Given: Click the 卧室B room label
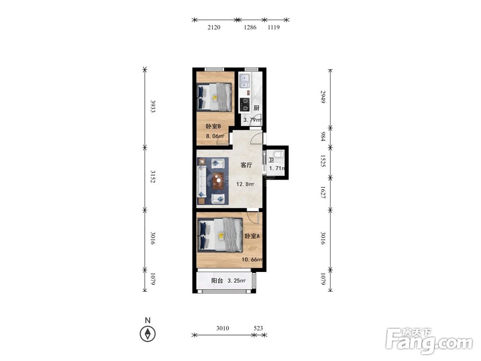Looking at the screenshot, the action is pos(213,126).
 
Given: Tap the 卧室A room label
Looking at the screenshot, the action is pos(252,236).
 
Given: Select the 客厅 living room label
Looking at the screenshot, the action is pos(246,165).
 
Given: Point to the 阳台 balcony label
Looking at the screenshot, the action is pos(217,281).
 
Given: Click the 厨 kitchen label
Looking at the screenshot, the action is pos(256,108).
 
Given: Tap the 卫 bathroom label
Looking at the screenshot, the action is pos(271,160).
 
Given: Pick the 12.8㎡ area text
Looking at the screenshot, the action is pos(245,184).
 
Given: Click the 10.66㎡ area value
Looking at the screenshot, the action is pos(252,260).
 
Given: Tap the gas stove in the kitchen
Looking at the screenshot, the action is pos(244,104).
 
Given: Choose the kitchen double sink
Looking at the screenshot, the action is pos(245,80).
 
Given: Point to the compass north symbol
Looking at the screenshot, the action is pos(148,334).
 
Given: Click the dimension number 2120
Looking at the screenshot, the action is pos(214,27).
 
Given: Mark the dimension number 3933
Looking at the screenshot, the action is pos(152,106).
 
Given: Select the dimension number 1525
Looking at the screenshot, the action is pos(323,161).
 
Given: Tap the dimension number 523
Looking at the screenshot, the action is pos(258,328).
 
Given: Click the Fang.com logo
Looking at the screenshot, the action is pos(429,340).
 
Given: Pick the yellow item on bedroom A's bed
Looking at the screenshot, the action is pos(221,236).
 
